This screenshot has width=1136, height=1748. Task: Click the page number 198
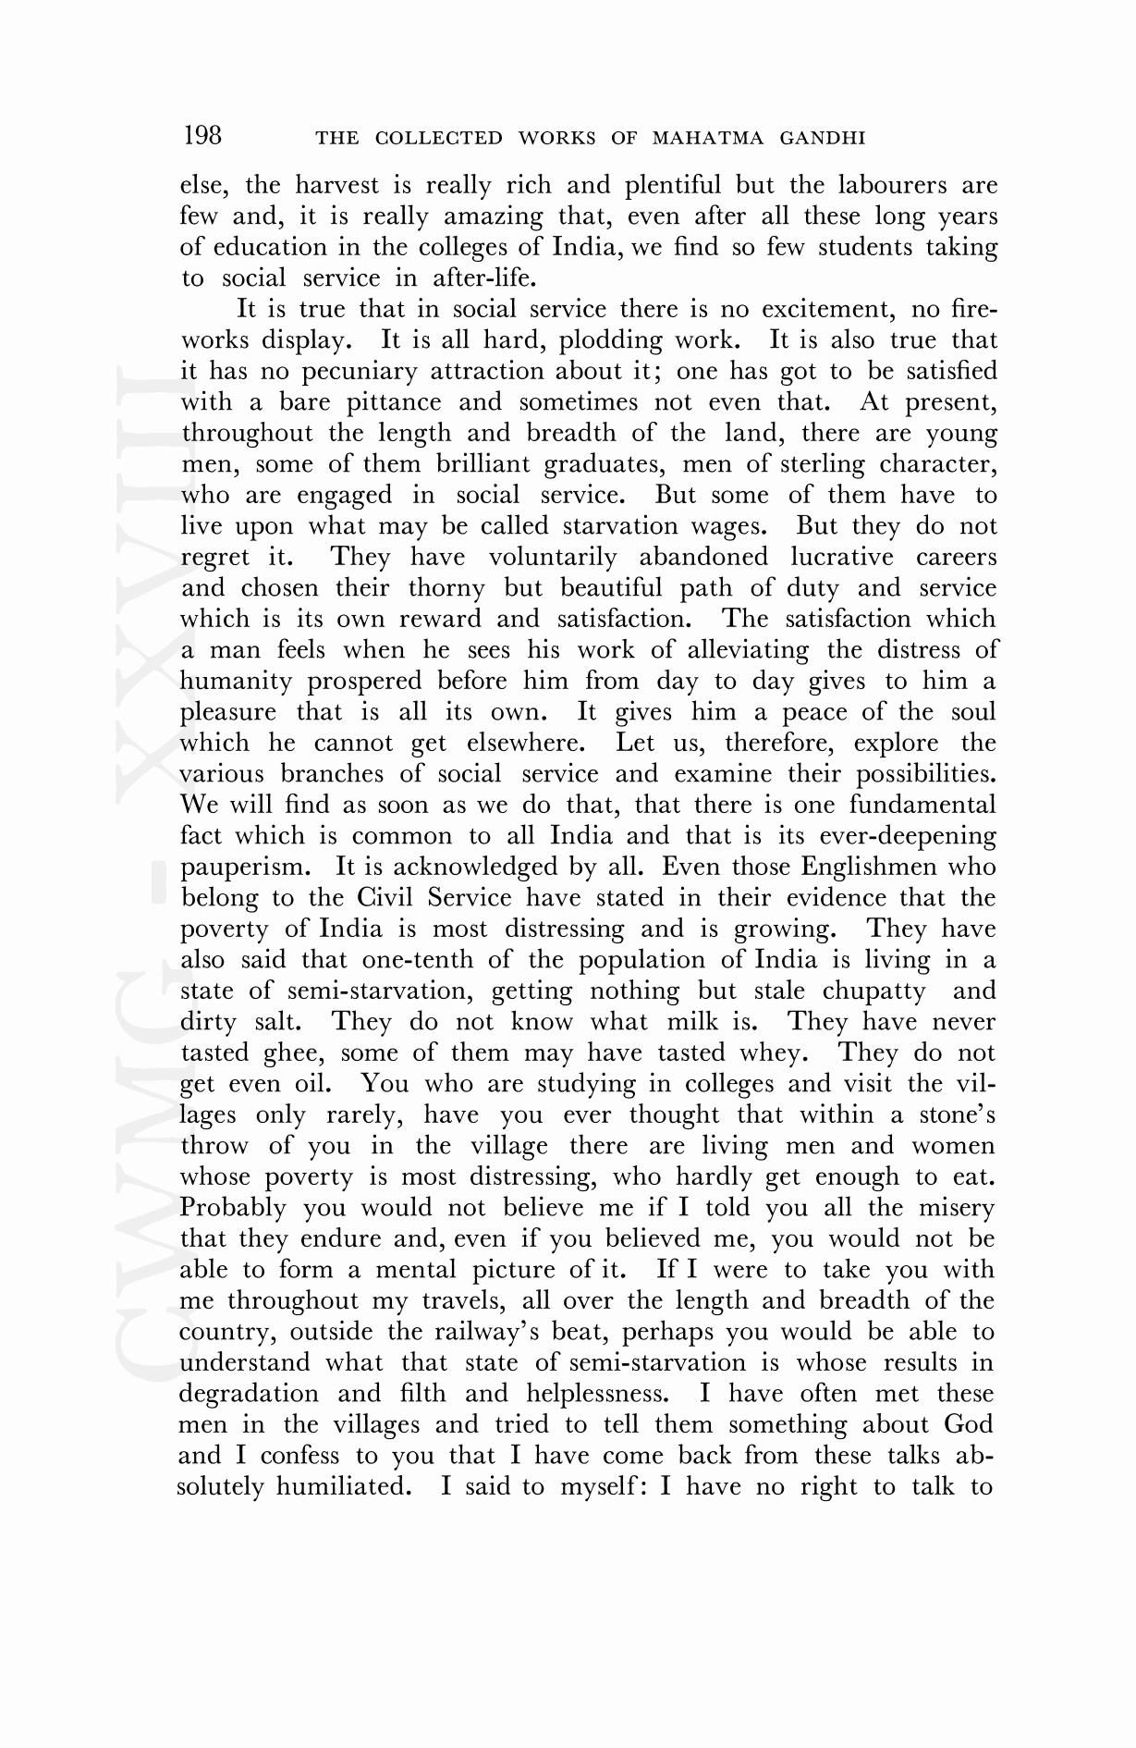(202, 136)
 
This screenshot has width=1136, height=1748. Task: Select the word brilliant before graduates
(482, 464)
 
